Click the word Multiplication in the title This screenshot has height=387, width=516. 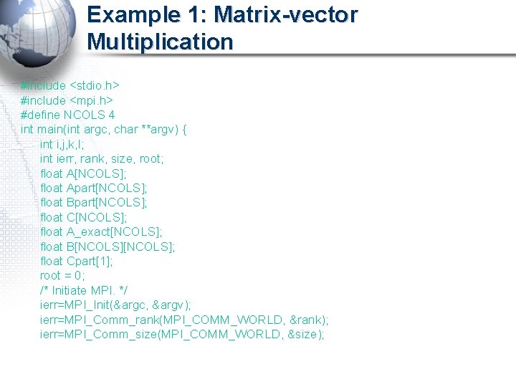coord(160,42)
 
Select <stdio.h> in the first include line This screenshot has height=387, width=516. coord(93,86)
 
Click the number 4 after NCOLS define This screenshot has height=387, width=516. coord(111,115)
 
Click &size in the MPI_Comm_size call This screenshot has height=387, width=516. coord(305,335)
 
